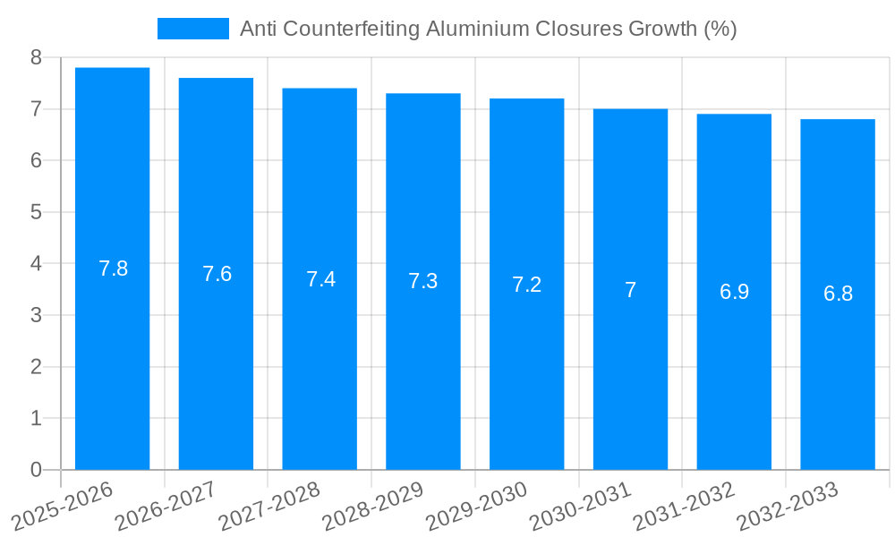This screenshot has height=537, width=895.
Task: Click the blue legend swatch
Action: point(193,29)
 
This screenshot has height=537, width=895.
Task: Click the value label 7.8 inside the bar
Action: point(113,268)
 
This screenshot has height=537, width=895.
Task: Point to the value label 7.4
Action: point(320,279)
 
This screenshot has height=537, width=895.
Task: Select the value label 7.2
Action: point(526,285)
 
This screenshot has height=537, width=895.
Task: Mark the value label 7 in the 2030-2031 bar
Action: point(630,290)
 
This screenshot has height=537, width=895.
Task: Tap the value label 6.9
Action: point(734,292)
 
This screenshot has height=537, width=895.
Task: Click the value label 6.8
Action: point(838,294)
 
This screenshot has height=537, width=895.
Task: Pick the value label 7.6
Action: point(217,274)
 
